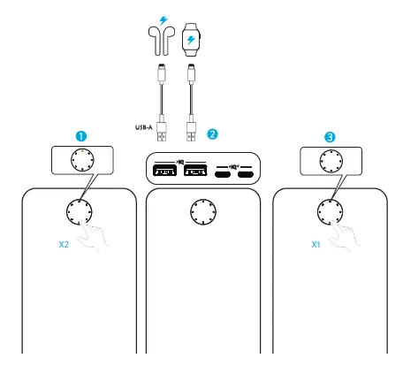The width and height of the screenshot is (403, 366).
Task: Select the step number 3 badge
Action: (329, 137)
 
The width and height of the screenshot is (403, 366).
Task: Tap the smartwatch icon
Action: (191, 39)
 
